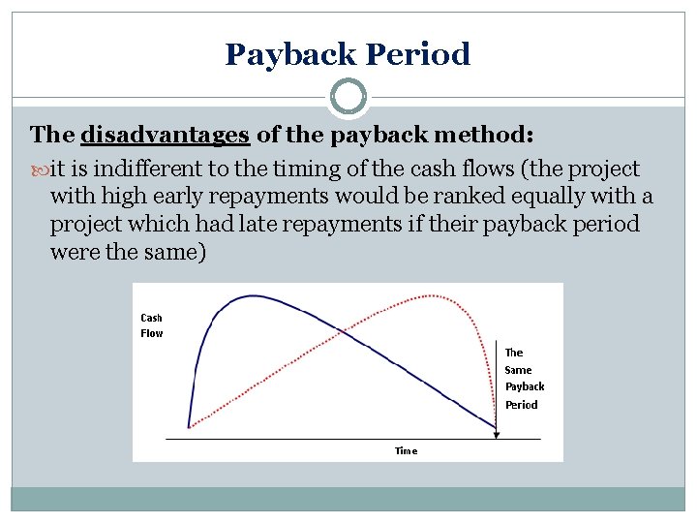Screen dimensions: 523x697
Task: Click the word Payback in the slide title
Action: pos(287,54)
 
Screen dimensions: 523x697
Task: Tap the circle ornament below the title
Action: pos(348,98)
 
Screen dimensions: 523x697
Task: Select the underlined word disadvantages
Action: pos(167,134)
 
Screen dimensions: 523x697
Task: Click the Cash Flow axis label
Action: pos(152,325)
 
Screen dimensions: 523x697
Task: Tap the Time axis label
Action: pos(407,450)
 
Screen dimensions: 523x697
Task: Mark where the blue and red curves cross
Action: pos(341,332)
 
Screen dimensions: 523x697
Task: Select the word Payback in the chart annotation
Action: pos(525,386)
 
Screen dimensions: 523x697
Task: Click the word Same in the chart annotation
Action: pos(518,370)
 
